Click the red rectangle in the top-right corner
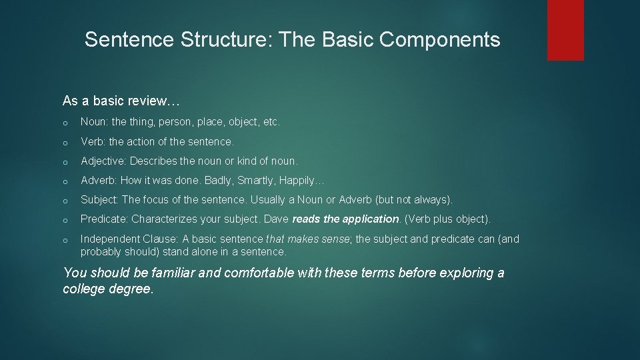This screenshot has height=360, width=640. point(565,30)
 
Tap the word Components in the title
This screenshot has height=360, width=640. point(440,40)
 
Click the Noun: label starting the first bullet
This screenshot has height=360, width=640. point(94,123)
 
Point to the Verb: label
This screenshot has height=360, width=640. point(93,142)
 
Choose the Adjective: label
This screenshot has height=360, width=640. point(104,161)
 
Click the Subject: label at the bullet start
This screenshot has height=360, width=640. point(100,200)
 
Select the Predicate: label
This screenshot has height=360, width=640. point(105,219)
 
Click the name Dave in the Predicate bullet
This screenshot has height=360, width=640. point(277,219)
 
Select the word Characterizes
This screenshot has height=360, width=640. point(163,219)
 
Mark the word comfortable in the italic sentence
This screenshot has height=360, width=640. point(264,273)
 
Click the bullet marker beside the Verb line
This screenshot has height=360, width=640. point(66,143)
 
